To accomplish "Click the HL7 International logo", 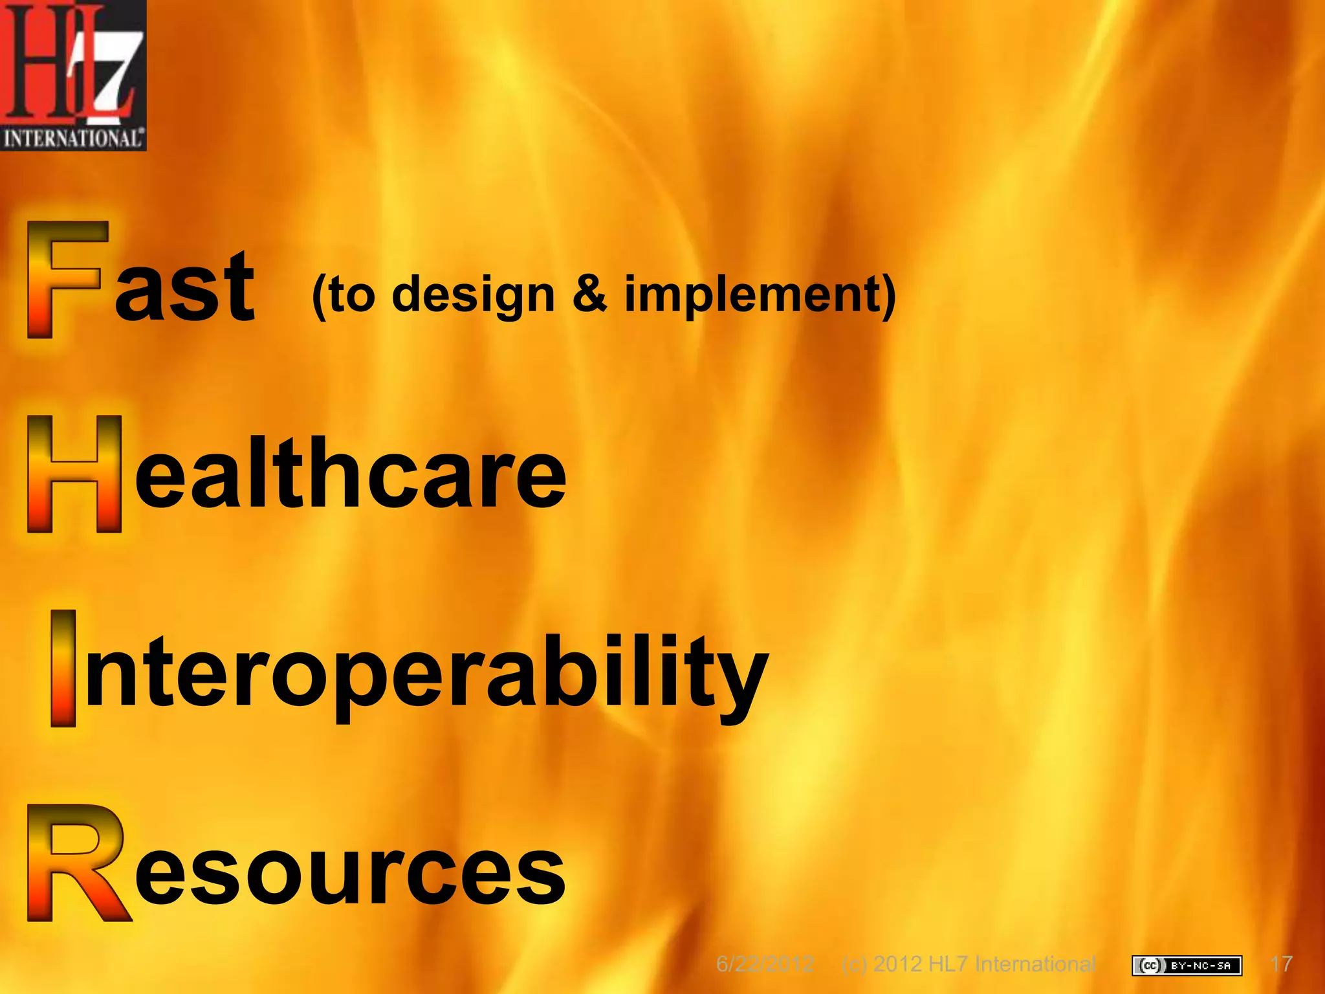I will pos(73,75).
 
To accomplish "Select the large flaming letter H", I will pos(75,474).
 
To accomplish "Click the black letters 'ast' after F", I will pos(185,287).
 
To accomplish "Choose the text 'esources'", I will pos(350,871).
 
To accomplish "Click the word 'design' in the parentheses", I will pos(474,295).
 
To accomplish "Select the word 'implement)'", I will pos(760,295).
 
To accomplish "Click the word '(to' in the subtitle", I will pos(344,295).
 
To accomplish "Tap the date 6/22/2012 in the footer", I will pos(765,964).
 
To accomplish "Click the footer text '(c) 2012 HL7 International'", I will pos(969,964).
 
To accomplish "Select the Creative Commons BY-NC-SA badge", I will pos(1187,966).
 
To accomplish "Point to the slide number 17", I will pos(1281,964).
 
